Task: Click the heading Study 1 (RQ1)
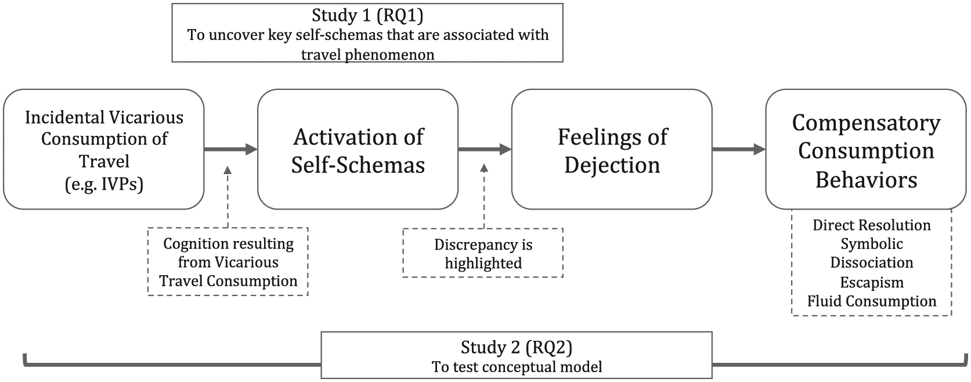(367, 16)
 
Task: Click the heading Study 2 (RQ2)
(517, 347)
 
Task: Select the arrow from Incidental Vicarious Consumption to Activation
(230, 150)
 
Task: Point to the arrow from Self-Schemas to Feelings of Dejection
(485, 150)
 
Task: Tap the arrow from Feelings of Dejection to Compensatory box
(739, 150)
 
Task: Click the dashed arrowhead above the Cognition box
(228, 170)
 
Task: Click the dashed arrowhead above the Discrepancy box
(484, 168)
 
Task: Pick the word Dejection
(612, 165)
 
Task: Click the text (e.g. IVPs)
(104, 184)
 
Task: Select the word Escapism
(872, 283)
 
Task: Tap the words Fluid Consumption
(872, 301)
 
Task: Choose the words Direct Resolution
(872, 225)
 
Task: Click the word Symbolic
(872, 244)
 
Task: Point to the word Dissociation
(872, 263)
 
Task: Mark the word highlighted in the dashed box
(483, 264)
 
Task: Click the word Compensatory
(866, 124)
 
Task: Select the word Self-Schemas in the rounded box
(358, 165)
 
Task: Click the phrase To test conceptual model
(517, 367)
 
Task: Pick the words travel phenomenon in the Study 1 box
(367, 55)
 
